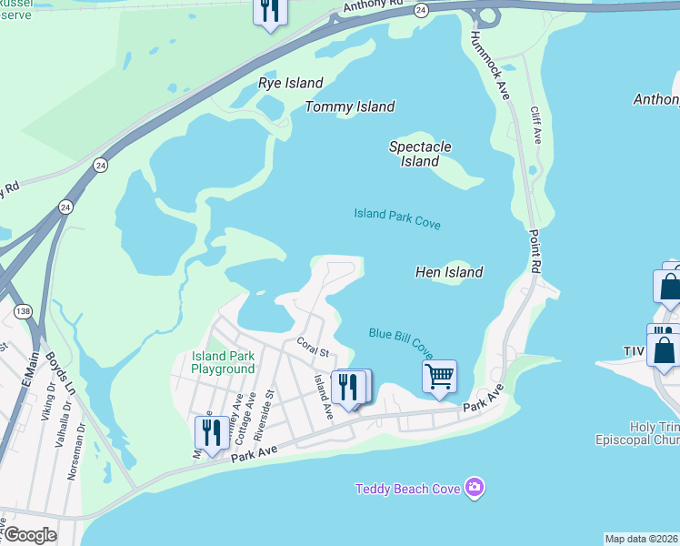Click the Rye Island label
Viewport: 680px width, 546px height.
[x=291, y=83]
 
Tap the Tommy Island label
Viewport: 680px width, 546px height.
[x=350, y=106]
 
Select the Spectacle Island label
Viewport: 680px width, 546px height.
[x=420, y=154]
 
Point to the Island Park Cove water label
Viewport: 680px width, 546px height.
[x=397, y=218]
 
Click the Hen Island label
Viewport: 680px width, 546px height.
[x=449, y=272]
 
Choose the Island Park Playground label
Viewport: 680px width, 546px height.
[x=223, y=362]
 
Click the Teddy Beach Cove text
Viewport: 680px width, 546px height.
[x=407, y=490]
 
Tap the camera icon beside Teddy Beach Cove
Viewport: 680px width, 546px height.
[x=474, y=489]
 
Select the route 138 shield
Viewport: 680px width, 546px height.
[x=22, y=312]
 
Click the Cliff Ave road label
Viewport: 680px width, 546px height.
[x=536, y=125]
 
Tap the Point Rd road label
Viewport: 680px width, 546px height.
[x=536, y=250]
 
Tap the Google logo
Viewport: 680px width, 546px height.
[x=29, y=535]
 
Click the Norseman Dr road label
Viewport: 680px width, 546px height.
[x=75, y=452]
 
